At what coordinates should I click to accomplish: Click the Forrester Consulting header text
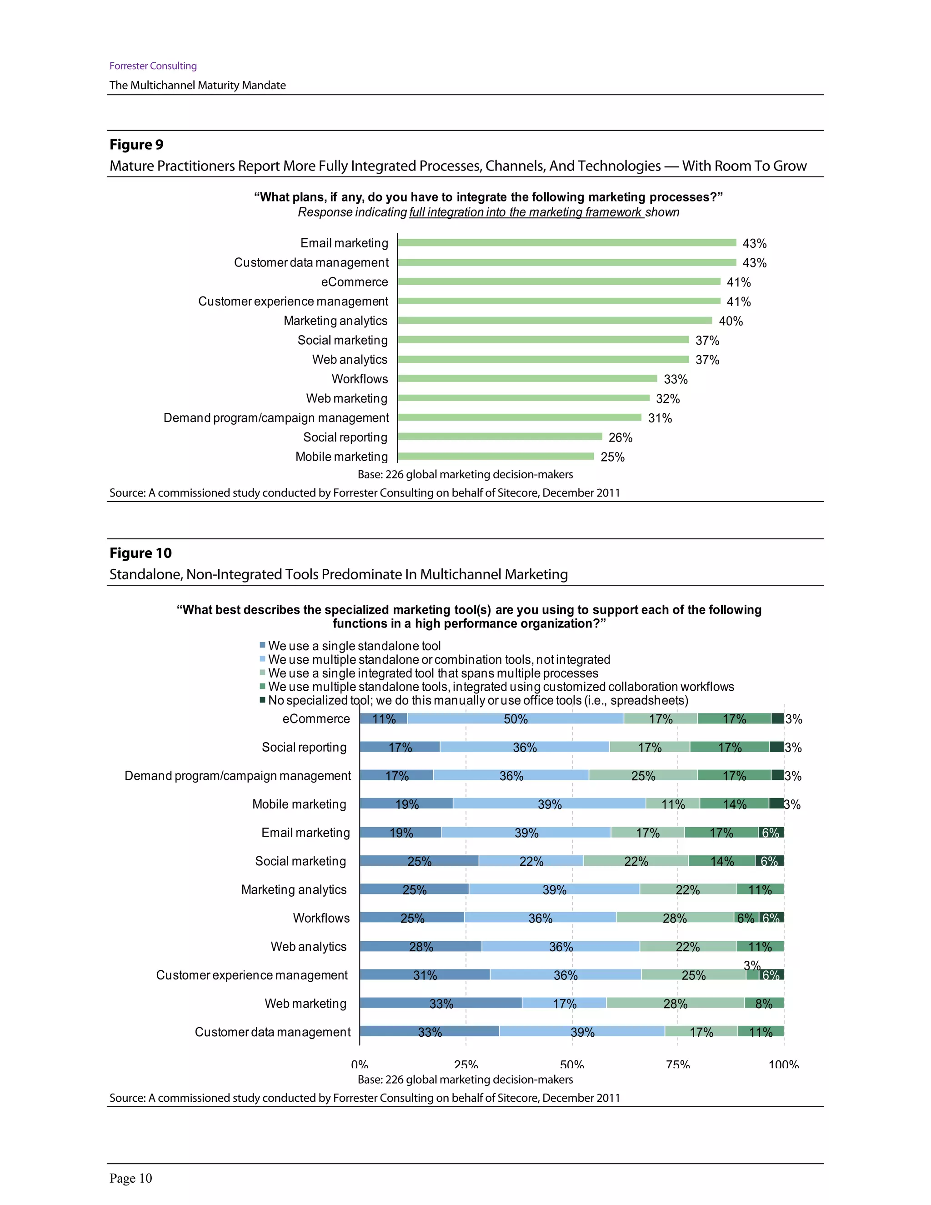pos(153,65)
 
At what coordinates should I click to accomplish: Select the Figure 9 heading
pos(136,145)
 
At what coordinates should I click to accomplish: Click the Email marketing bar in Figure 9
pos(566,243)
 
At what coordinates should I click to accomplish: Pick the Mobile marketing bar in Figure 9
pos(496,456)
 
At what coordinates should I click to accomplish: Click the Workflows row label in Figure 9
pos(360,379)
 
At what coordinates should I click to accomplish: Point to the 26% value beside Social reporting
pos(620,437)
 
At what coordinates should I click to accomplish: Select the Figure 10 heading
pos(140,553)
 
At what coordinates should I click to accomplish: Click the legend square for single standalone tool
pos(263,645)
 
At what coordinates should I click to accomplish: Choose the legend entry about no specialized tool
pos(478,700)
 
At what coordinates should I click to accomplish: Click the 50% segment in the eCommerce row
pos(515,718)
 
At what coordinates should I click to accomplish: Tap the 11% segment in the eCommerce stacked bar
pos(383,718)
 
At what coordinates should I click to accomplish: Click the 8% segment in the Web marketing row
pos(763,1003)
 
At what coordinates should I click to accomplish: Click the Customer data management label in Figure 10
pos(272,1032)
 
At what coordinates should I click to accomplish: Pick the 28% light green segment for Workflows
pos(675,918)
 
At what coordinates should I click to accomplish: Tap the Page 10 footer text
pos(131,1179)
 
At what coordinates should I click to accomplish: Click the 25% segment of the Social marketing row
pos(419,861)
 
